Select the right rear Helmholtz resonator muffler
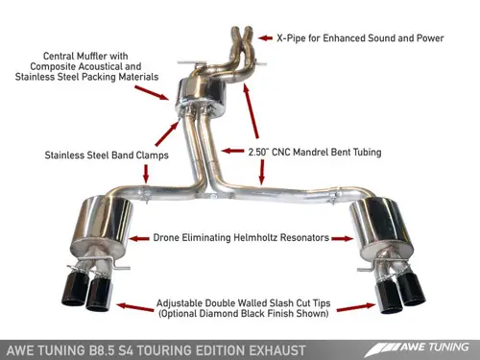point(375,218)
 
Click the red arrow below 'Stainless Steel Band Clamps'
point(145,172)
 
